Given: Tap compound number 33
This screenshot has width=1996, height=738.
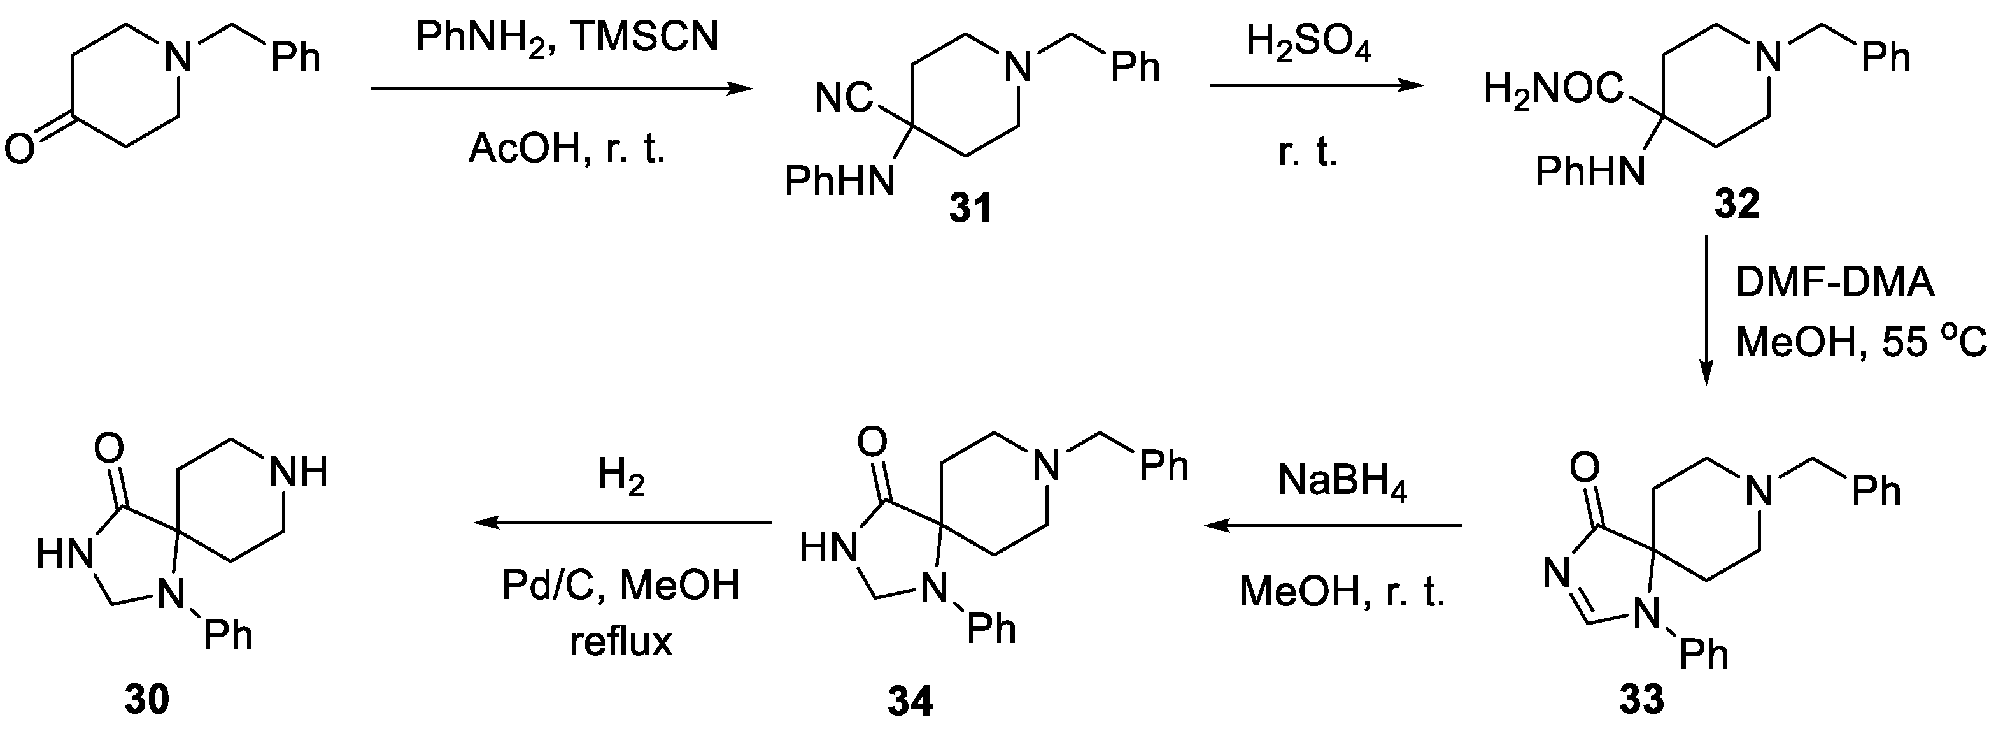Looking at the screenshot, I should pos(1642,700).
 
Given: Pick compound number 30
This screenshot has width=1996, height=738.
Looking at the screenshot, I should pos(146,700).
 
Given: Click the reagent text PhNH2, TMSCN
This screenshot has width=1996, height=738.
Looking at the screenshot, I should pos(567,37).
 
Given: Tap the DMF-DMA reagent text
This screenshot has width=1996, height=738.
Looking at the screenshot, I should pos(1834,282).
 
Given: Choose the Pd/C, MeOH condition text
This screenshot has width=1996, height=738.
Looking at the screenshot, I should pos(621,585).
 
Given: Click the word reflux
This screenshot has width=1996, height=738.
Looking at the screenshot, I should pos(621,642).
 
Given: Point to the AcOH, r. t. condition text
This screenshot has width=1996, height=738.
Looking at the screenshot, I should pos(567,147).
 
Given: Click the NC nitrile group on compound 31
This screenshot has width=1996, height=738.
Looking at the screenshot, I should pos(843,99).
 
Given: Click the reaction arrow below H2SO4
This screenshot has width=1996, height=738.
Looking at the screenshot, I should pos(1317,87).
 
